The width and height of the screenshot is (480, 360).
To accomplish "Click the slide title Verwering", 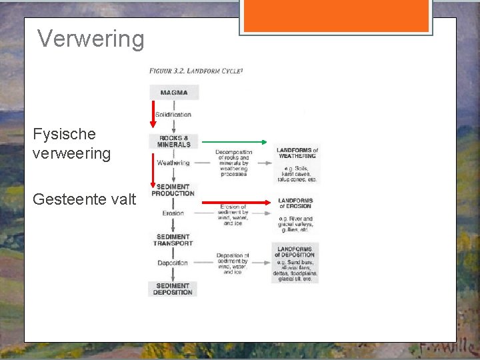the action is coord(91,39).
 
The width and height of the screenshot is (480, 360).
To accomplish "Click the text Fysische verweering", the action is coord(72,143).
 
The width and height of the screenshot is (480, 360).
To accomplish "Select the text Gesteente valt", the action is coord(84,199).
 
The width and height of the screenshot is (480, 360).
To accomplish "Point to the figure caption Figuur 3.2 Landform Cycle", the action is coord(195,70).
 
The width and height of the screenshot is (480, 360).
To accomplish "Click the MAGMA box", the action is coord(173,93).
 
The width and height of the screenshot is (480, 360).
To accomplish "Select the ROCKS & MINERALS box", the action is coord(173,141).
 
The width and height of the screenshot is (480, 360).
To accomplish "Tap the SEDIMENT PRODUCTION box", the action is coord(173,190).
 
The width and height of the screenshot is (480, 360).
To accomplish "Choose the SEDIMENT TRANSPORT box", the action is coord(173,240).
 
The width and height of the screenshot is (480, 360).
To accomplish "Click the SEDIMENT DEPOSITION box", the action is coord(173,289).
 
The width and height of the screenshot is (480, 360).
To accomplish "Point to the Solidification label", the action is coord(173,115).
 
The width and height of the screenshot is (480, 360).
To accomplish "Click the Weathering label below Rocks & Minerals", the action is coord(173,163).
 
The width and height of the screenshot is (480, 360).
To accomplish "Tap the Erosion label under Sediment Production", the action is coord(173,213).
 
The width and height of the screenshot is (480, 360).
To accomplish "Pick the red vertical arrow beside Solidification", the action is coord(152,114).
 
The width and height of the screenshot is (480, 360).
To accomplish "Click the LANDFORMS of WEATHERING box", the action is coord(297,164).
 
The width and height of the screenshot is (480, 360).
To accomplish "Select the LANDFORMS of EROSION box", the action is coord(295,212).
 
